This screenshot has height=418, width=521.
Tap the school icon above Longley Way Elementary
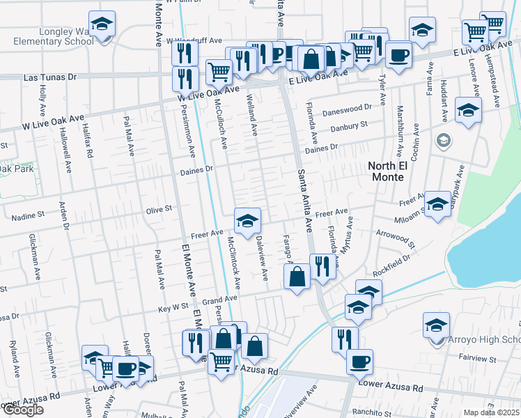click(102, 25)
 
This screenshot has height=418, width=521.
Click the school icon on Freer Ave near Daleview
click(247, 222)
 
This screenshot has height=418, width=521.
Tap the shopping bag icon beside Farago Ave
click(297, 277)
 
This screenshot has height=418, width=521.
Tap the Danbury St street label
click(348, 126)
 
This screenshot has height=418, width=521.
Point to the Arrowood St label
click(395, 239)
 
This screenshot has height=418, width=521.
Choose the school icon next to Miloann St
click(437, 204)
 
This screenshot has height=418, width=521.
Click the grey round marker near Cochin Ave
click(442, 142)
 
